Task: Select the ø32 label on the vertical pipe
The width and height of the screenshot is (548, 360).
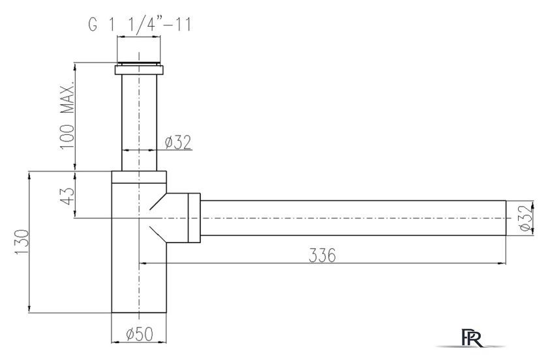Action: (177, 142)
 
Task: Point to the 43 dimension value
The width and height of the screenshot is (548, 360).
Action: (69, 195)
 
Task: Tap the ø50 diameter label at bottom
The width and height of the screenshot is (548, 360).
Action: (139, 334)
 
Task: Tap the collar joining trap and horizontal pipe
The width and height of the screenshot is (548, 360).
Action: (194, 218)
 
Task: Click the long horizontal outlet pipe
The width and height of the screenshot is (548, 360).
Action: (352, 218)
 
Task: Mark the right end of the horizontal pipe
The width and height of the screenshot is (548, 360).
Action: (506, 218)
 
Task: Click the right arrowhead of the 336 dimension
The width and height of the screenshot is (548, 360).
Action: (503, 263)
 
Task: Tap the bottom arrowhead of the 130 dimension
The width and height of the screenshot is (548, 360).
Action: (29, 308)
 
